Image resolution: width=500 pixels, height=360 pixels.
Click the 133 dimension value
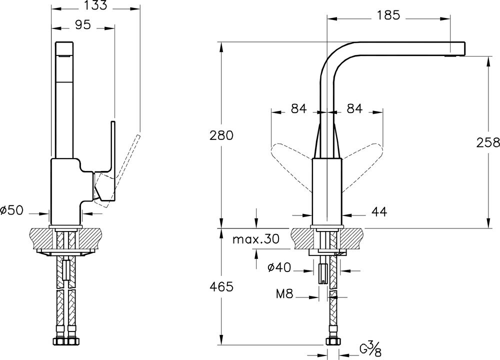click(x=96, y=5)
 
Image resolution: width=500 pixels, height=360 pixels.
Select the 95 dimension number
click(x=82, y=24)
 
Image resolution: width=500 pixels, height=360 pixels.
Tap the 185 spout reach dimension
click(x=388, y=15)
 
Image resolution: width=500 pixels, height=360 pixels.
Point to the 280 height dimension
click(x=221, y=135)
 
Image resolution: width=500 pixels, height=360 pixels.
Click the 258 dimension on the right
click(x=488, y=142)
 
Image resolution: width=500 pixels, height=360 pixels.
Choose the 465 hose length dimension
click(x=221, y=287)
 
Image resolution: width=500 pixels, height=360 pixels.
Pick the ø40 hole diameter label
click(x=279, y=267)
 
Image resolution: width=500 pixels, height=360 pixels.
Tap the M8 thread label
click(x=284, y=294)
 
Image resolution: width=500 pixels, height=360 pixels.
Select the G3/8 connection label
click(x=370, y=348)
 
